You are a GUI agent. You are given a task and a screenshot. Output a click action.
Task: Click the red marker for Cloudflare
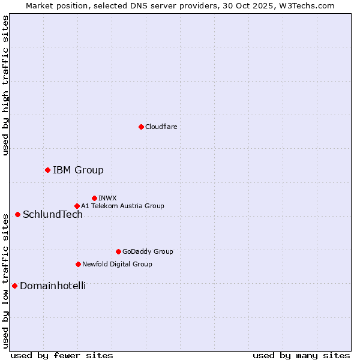141,127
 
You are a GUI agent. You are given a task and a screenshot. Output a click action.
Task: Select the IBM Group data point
47,170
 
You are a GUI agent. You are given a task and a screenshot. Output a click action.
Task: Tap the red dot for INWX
94,198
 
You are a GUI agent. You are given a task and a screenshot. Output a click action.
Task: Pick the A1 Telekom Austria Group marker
77,206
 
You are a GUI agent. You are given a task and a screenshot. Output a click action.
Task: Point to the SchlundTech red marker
17,214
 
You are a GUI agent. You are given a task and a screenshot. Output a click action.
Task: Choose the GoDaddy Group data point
118,251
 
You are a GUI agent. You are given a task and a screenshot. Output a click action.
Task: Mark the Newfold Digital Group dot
78,264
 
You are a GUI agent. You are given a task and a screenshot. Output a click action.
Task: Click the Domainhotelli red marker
14,286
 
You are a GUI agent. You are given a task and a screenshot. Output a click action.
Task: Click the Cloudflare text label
161,127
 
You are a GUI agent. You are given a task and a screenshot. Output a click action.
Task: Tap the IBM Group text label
78,170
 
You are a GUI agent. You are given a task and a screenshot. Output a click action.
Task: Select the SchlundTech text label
53,214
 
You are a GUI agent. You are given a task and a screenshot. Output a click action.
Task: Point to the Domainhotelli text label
53,286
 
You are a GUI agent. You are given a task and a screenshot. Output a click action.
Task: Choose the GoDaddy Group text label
148,251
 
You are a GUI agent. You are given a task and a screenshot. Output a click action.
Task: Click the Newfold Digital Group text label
117,264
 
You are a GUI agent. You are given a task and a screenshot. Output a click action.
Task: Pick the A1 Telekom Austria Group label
122,206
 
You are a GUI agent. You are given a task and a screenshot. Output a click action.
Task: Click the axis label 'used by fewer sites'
62,355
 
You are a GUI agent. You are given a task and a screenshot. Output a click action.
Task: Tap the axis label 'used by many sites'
301,355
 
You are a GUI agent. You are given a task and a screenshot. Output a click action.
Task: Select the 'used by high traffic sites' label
5,86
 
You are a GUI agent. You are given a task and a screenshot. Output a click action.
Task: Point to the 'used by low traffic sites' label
5,280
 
